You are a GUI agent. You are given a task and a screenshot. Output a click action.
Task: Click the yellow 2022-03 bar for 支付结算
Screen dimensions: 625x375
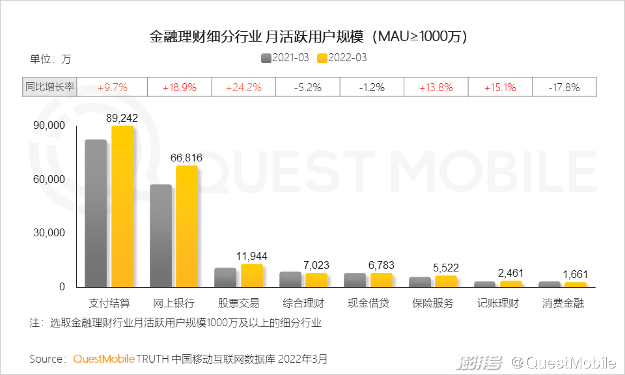pos(122,206)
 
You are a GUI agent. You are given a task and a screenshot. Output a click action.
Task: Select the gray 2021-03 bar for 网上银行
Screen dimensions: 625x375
pos(161,236)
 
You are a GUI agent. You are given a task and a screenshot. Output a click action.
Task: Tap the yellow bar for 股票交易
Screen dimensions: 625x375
pos(252,275)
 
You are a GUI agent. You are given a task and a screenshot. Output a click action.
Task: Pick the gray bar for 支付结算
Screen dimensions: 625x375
pos(96,213)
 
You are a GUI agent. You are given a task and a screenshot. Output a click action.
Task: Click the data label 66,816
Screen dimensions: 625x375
pos(186,158)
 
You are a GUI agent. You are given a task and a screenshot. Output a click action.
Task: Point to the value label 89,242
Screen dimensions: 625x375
pos(122,118)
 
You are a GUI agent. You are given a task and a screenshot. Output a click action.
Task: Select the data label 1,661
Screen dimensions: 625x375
pos(575,274)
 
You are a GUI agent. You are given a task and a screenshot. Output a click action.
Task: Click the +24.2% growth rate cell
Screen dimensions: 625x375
pos(243,87)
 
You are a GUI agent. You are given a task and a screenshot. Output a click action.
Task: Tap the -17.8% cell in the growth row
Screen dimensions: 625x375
pos(564,87)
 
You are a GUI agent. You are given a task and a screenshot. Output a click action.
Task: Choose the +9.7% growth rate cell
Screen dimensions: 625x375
pos(113,87)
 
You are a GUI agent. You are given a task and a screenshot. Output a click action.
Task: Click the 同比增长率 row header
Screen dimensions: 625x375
pos(49,87)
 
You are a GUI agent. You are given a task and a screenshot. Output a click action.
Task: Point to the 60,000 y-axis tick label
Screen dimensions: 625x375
pos(49,179)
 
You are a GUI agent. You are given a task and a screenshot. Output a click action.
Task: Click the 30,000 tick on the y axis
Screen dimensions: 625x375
pos(49,232)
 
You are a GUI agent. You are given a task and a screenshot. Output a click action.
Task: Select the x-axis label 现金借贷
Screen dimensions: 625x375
pos(368,303)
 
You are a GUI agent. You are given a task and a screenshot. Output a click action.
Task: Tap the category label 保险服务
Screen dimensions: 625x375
pos(433,303)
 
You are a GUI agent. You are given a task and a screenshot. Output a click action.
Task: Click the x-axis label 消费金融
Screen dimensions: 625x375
pos(562,303)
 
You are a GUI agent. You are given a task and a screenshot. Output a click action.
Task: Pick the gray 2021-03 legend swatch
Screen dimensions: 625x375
pos(266,58)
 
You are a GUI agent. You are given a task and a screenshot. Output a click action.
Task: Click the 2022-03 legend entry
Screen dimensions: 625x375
pos(342,58)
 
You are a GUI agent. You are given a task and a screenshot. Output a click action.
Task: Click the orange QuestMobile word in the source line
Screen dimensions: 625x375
pos(104,359)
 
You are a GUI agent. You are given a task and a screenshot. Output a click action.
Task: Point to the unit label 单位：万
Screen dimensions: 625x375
pos(50,59)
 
